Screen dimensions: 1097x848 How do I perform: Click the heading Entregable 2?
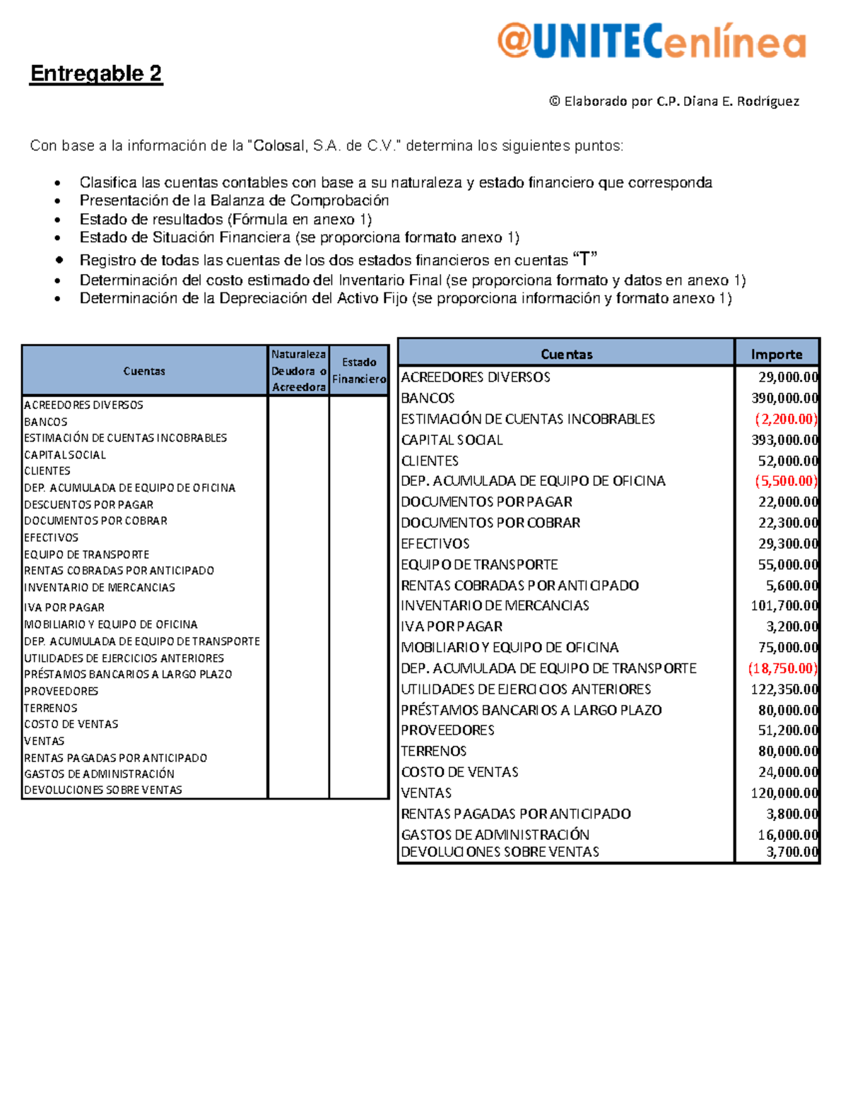96,73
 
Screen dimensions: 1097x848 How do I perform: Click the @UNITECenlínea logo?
651,40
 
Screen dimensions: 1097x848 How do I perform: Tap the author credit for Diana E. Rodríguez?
674,101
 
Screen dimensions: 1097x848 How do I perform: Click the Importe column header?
777,354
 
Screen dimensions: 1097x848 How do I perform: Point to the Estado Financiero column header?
359,370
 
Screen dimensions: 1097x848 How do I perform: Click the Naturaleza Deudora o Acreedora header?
298,370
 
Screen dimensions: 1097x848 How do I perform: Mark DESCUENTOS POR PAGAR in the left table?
88,504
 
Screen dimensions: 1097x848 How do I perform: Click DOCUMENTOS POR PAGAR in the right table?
486,502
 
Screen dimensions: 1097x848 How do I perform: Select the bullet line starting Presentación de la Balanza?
234,201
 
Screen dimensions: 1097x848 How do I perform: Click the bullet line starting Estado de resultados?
225,219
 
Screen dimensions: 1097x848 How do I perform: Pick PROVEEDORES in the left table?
61,691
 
